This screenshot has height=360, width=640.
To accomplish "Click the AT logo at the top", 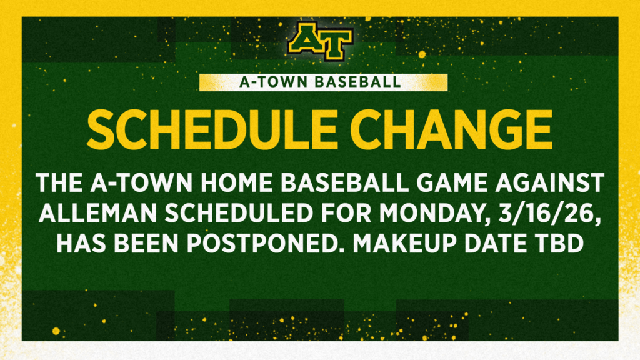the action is pos(321,41).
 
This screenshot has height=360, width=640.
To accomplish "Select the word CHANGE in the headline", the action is pos(451,130).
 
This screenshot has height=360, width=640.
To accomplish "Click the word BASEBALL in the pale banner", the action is pos(358,82).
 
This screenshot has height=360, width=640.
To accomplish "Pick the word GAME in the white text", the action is pos(454,182).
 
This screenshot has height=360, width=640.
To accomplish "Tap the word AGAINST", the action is pos(551,182).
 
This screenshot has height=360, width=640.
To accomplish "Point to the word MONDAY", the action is pos(435,214).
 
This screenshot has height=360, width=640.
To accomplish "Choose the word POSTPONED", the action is pos(264,244).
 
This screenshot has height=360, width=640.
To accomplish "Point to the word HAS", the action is pos(81,244).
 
